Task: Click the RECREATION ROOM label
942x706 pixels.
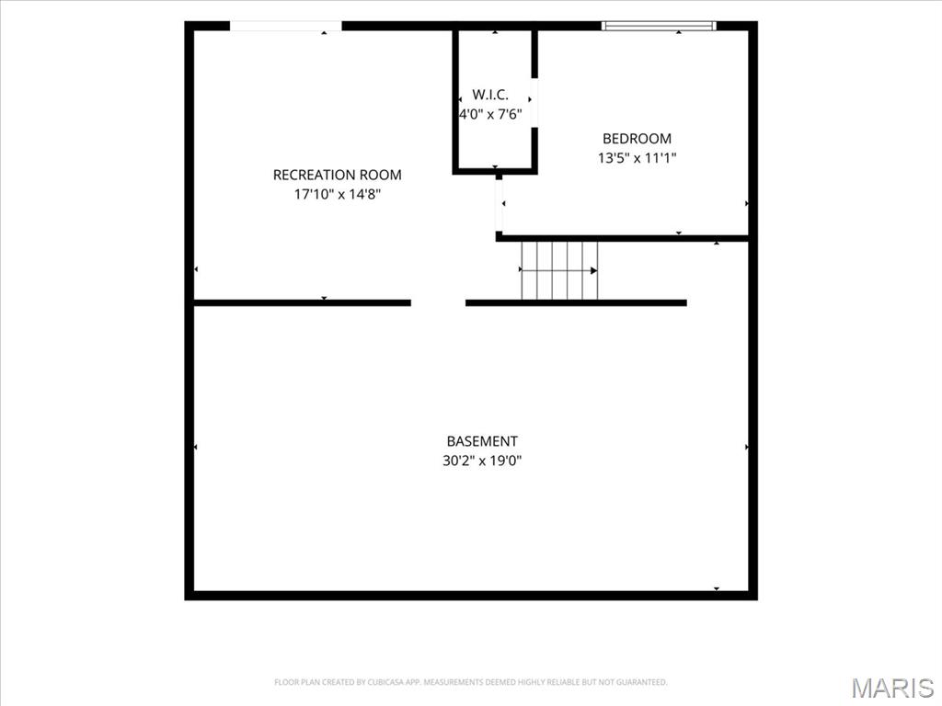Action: tap(337, 175)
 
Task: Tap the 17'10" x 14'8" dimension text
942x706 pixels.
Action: tap(338, 195)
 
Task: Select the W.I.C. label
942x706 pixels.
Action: tap(490, 95)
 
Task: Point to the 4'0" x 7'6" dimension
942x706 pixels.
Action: tap(491, 114)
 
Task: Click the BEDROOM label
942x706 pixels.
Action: tap(637, 139)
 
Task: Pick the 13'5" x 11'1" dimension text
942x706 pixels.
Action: tap(637, 158)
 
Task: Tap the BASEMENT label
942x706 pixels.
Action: tap(482, 441)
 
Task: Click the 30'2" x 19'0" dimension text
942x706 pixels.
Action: tap(482, 461)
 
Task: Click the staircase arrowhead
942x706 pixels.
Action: tap(593, 271)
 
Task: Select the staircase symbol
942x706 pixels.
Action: tap(559, 270)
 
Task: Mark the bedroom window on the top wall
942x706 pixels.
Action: tap(659, 25)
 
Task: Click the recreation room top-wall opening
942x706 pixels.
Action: tap(286, 25)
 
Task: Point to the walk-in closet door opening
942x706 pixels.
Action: tap(534, 103)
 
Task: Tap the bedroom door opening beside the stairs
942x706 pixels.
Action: tap(499, 206)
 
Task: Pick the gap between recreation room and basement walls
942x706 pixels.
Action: tap(438, 302)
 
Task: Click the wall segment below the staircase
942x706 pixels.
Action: tap(576, 302)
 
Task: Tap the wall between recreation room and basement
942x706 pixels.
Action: tap(302, 302)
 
